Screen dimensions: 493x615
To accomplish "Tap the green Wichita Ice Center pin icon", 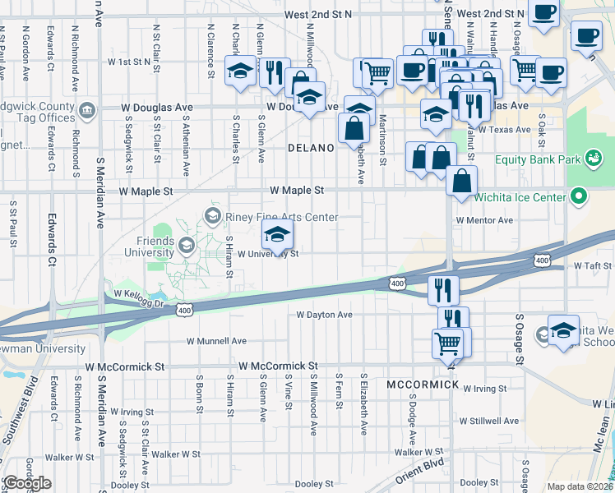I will coord(579,197).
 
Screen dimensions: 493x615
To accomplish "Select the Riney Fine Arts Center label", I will coord(281,217).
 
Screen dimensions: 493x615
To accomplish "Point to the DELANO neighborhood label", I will coord(312,149).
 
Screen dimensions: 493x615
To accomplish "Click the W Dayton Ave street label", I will coord(324,315).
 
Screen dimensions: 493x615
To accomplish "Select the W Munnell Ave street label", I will coord(216,340).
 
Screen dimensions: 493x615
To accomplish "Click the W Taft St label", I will coord(592,265).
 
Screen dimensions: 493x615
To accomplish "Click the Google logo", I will coord(26,483).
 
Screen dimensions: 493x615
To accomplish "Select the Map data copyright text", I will coord(579,486).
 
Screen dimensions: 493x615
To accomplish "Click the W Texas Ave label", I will coord(506,130).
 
